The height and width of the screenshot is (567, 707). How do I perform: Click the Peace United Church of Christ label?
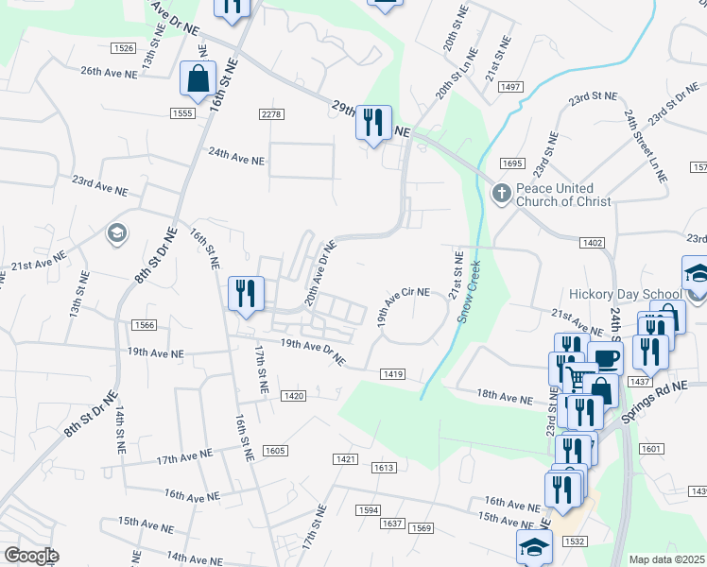pos(563,195)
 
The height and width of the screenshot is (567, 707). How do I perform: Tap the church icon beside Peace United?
pos(502,194)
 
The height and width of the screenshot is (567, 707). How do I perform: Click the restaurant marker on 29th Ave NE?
pos(372,123)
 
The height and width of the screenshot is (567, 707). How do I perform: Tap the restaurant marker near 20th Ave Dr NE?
pos(246,293)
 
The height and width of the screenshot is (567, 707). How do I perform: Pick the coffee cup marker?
pos(605,359)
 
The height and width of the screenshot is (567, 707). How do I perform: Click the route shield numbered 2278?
pos(270,114)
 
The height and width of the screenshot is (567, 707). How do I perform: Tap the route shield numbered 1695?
pos(512,163)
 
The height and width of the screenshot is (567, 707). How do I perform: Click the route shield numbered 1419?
pos(393,374)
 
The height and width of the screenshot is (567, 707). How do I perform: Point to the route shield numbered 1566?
pos(144,324)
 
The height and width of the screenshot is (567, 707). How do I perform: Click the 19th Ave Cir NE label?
pos(404,308)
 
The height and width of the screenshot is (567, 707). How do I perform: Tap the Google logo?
pos(31,556)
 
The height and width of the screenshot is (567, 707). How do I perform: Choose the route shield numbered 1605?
pos(274,451)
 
